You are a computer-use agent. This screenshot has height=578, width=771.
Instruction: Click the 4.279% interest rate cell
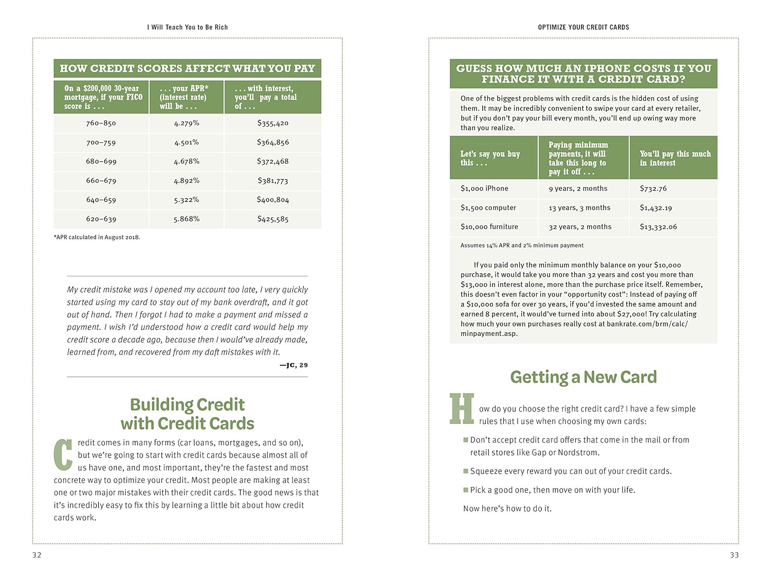click(187, 123)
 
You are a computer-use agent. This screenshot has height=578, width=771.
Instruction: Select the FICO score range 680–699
click(101, 161)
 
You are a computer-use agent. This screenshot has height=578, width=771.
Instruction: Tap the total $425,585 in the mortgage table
click(273, 219)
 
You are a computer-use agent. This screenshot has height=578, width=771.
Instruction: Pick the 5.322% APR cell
click(187, 200)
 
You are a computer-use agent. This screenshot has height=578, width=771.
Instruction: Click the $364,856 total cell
click(273, 142)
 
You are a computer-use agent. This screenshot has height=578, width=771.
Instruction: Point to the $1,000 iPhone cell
click(484, 189)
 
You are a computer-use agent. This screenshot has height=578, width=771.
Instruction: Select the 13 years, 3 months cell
click(579, 208)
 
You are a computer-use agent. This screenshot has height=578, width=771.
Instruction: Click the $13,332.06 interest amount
click(658, 227)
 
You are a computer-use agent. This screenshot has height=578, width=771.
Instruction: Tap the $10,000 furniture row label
click(489, 227)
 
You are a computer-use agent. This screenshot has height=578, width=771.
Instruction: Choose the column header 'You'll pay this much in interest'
click(675, 158)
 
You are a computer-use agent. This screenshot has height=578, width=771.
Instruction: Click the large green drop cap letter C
click(63, 455)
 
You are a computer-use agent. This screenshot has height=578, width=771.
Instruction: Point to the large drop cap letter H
click(462, 409)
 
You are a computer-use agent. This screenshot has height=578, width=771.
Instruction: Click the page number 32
click(37, 555)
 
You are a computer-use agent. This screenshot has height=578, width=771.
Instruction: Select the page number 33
click(734, 555)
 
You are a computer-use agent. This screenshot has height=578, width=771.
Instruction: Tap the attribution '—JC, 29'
click(293, 365)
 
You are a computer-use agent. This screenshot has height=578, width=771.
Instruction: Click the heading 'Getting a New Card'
click(583, 377)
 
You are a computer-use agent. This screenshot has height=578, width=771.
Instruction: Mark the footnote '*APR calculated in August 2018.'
click(97, 237)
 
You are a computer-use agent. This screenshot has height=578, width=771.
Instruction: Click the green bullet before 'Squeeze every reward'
click(466, 471)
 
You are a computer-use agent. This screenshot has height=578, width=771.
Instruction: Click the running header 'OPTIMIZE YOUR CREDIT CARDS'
click(583, 27)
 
